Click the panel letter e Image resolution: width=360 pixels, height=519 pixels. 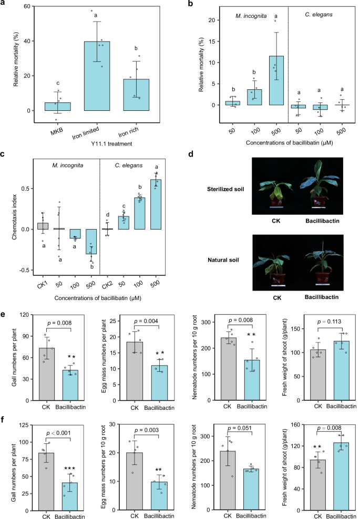4,312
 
